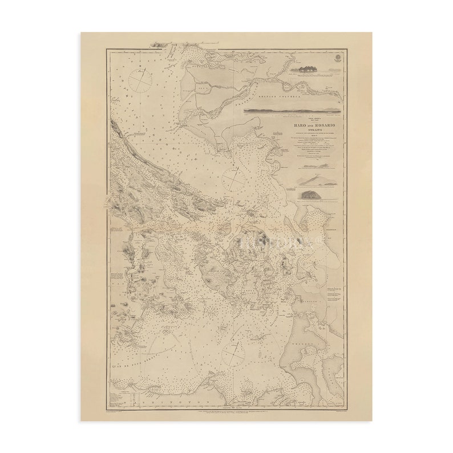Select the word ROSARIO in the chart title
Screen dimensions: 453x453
pos(309,124)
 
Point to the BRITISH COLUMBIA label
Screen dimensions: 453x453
pos(267,98)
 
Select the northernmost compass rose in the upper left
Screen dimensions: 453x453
pos(140,79)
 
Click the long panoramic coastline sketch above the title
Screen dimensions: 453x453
pos(292,111)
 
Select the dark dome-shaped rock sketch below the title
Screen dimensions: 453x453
pos(312,195)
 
